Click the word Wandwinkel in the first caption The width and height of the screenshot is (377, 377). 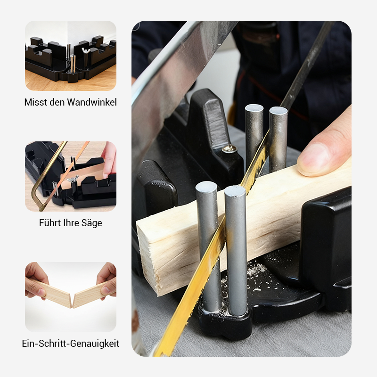pyautogui.click(x=92, y=102)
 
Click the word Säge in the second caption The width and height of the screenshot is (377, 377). pyautogui.click(x=92, y=223)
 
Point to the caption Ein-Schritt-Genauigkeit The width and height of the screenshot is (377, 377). pyautogui.click(x=71, y=344)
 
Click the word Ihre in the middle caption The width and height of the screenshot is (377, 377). pyautogui.click(x=71, y=223)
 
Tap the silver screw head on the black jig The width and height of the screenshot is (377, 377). pyautogui.click(x=229, y=149)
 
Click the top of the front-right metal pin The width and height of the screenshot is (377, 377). pyautogui.click(x=235, y=191)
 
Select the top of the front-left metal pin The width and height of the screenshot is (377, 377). pyautogui.click(x=206, y=187)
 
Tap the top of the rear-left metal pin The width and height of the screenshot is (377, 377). pyautogui.click(x=254, y=108)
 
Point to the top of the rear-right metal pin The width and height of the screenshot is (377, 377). pyautogui.click(x=278, y=111)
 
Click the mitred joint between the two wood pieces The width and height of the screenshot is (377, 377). pyautogui.click(x=72, y=299)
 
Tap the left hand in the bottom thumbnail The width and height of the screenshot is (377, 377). pyautogui.click(x=35, y=278)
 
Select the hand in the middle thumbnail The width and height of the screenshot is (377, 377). pyautogui.click(x=109, y=158)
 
